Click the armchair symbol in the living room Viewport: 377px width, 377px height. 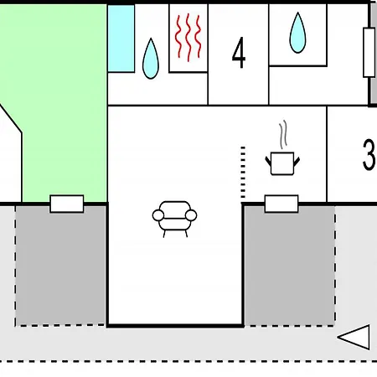point(174,219)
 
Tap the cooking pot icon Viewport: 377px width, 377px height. point(282,163)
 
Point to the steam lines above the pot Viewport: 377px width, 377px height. point(283,135)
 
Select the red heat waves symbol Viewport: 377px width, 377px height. point(188,38)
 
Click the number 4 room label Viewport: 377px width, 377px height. point(239,53)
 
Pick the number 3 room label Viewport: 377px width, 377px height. point(369,154)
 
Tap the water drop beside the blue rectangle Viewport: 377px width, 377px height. point(151,59)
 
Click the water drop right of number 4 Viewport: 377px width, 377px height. point(297,33)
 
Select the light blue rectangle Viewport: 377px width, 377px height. point(121,39)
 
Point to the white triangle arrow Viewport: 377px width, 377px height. point(354,337)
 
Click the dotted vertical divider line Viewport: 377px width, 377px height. point(243,172)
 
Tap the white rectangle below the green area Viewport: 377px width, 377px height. point(67,204)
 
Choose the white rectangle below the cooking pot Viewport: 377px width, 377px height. point(281,204)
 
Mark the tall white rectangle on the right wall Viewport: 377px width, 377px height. point(369,53)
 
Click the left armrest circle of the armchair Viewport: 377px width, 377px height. point(158,215)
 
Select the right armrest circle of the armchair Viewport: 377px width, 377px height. point(191,215)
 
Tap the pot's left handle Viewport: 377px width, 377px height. point(268,162)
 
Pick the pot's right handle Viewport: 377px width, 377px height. point(297,162)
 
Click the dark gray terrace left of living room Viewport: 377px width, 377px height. point(60,266)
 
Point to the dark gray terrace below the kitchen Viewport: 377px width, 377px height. point(290,266)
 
